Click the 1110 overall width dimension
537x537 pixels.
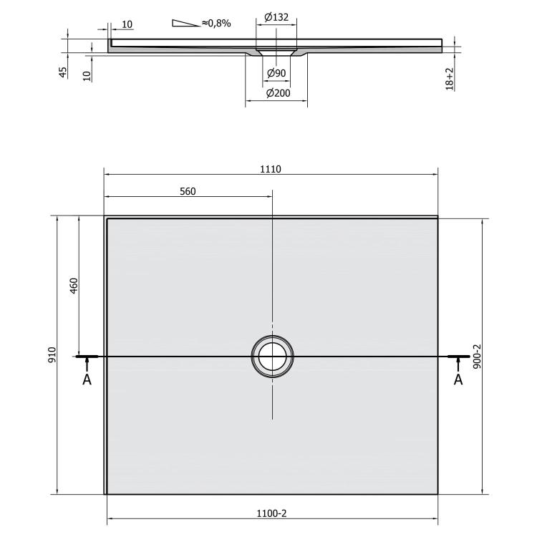(271, 169)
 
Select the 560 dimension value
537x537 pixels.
(188, 191)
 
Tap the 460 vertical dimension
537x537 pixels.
(74, 286)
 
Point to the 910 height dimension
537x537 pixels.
(52, 355)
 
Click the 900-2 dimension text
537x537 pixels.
(477, 357)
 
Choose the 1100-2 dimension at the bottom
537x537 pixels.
(271, 513)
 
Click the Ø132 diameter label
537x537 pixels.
(276, 16)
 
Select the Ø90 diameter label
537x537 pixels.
(276, 73)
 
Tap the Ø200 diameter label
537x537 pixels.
(278, 93)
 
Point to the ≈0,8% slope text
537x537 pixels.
(216, 24)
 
